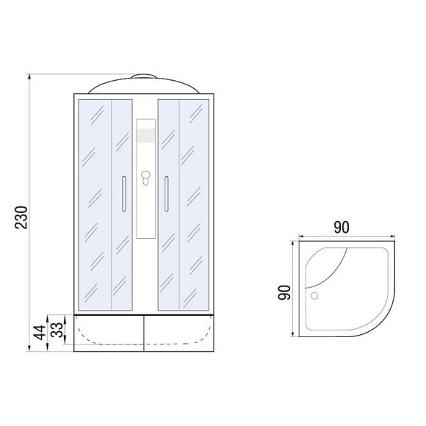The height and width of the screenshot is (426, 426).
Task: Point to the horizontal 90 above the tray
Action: (x=341, y=227)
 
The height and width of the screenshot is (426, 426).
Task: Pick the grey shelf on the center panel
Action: (x=146, y=136)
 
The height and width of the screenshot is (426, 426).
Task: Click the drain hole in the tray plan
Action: (x=317, y=297)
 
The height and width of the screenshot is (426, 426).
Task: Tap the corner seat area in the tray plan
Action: (x=326, y=265)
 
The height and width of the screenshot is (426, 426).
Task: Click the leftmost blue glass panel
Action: (x=93, y=202)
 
